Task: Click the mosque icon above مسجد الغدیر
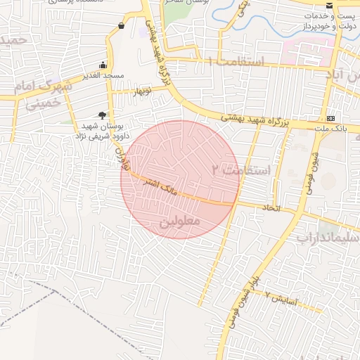103,65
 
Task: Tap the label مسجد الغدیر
103,75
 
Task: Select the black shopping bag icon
122,26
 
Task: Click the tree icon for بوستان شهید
103,115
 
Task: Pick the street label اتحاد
271,208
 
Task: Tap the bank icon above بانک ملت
331,117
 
